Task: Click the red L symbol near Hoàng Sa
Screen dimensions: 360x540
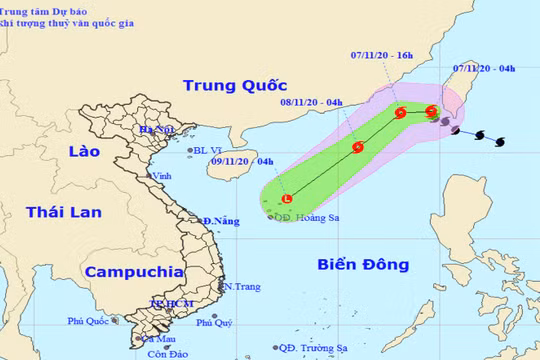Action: coord(287,200)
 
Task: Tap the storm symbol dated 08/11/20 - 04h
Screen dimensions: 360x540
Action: coord(358,148)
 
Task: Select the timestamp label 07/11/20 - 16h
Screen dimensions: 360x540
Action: coord(385,55)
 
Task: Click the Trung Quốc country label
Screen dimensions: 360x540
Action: coord(228,85)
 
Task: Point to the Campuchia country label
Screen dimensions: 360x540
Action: coord(134,271)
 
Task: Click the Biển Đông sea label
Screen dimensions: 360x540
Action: coord(363,265)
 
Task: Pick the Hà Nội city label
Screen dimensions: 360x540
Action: coord(158,129)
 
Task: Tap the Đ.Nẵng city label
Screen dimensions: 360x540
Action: coord(219,220)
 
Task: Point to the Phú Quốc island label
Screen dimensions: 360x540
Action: coord(89,321)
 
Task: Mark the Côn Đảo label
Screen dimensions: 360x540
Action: coord(168,354)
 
